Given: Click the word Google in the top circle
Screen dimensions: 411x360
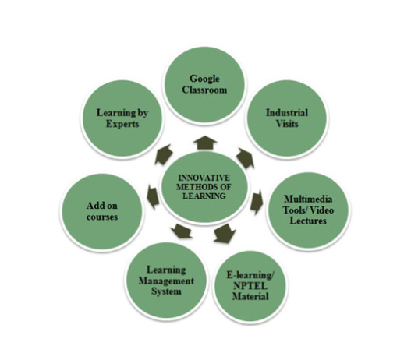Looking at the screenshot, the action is point(204,79).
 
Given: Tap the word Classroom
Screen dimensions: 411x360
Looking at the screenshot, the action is point(204,90).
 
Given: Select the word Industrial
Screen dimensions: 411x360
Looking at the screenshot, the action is point(287,112).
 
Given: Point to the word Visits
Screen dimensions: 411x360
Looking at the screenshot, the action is point(287,123).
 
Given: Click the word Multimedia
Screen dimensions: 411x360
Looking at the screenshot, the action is point(308,199).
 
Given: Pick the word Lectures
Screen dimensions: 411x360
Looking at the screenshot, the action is point(308,221).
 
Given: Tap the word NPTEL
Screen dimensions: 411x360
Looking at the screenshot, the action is point(250,286).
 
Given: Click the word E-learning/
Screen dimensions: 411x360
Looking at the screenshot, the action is point(250,275).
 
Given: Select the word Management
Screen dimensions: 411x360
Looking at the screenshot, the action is point(166,281).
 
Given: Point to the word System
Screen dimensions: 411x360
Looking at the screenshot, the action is point(166,291).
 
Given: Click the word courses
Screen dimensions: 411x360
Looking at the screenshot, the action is point(102,217).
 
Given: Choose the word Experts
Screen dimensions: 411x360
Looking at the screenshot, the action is point(122,124).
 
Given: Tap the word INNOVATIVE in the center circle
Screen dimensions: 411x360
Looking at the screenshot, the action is point(204,178).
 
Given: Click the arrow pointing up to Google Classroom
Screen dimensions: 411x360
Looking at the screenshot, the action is point(205,143).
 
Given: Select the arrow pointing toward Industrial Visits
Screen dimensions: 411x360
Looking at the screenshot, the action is point(246,158).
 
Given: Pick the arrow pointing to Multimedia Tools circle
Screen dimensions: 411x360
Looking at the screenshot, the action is point(257,202).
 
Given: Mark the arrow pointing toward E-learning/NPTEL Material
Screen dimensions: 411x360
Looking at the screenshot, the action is point(224,233).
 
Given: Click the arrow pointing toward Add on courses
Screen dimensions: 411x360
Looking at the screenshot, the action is point(154,197).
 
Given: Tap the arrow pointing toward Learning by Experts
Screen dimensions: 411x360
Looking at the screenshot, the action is point(164,154).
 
